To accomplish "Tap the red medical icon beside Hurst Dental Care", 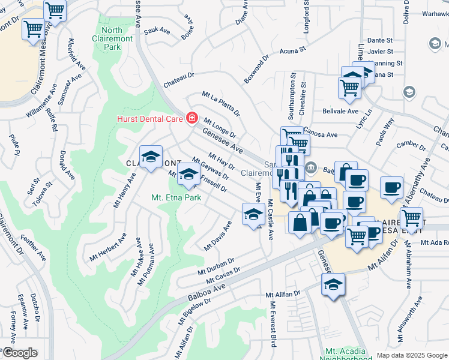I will pyautogui.click(x=191, y=118).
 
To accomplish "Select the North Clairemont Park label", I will pyautogui.click(x=112, y=38).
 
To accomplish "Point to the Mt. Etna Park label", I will pyautogui.click(x=176, y=197).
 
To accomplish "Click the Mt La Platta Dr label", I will pyautogui.click(x=221, y=103).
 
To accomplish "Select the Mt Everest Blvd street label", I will pyautogui.click(x=273, y=325).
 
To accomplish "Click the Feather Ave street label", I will pyautogui.click(x=33, y=247).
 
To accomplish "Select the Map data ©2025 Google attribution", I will pyautogui.click(x=412, y=355).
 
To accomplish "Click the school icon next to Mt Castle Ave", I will pyautogui.click(x=254, y=214).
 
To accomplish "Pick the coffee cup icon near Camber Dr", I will pyautogui.click(x=391, y=188).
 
